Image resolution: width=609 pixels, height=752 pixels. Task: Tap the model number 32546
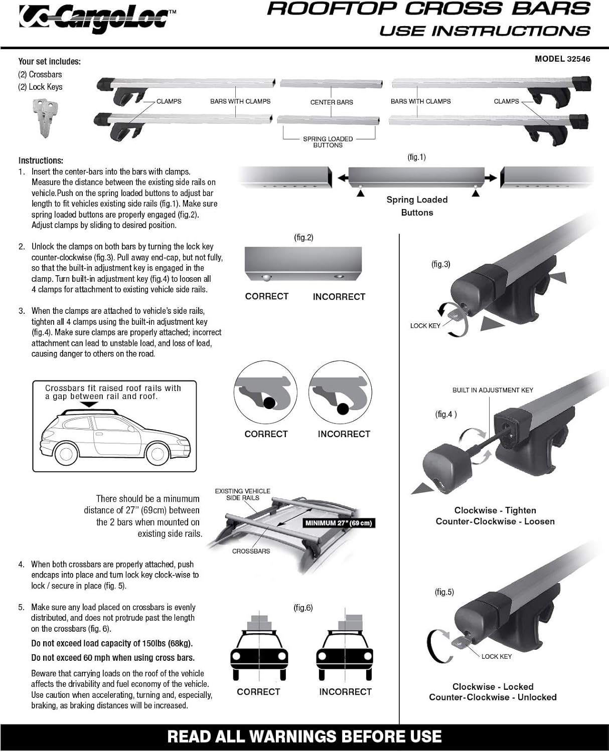pyautogui.click(x=578, y=59)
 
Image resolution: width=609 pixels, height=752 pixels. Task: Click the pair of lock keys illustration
pyautogui.click(x=44, y=116)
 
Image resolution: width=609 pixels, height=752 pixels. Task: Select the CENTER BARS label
pyautogui.click(x=332, y=102)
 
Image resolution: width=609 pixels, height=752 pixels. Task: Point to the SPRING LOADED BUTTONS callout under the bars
pyautogui.click(x=328, y=142)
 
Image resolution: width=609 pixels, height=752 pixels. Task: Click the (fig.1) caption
pyautogui.click(x=416, y=157)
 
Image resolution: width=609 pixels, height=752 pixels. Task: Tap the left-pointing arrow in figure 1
pyautogui.click(x=343, y=178)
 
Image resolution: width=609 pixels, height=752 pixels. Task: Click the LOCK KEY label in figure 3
pyautogui.click(x=425, y=326)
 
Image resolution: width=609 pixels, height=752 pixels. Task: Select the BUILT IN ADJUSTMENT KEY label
pyautogui.click(x=493, y=390)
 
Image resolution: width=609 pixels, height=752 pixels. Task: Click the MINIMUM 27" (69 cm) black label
pyautogui.click(x=339, y=523)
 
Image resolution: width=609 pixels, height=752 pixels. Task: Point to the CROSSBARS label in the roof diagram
pyautogui.click(x=251, y=551)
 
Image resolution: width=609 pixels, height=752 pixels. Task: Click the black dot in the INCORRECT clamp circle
pyautogui.click(x=343, y=409)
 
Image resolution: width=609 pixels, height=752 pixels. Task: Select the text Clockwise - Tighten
pyautogui.click(x=495, y=510)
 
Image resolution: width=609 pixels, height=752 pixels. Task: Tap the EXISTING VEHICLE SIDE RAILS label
pyautogui.click(x=243, y=494)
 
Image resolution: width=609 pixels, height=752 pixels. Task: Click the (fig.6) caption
pyautogui.click(x=303, y=608)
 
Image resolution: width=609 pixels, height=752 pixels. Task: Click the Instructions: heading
pyautogui.click(x=41, y=160)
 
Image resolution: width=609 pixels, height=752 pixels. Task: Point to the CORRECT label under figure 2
pyautogui.click(x=266, y=296)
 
